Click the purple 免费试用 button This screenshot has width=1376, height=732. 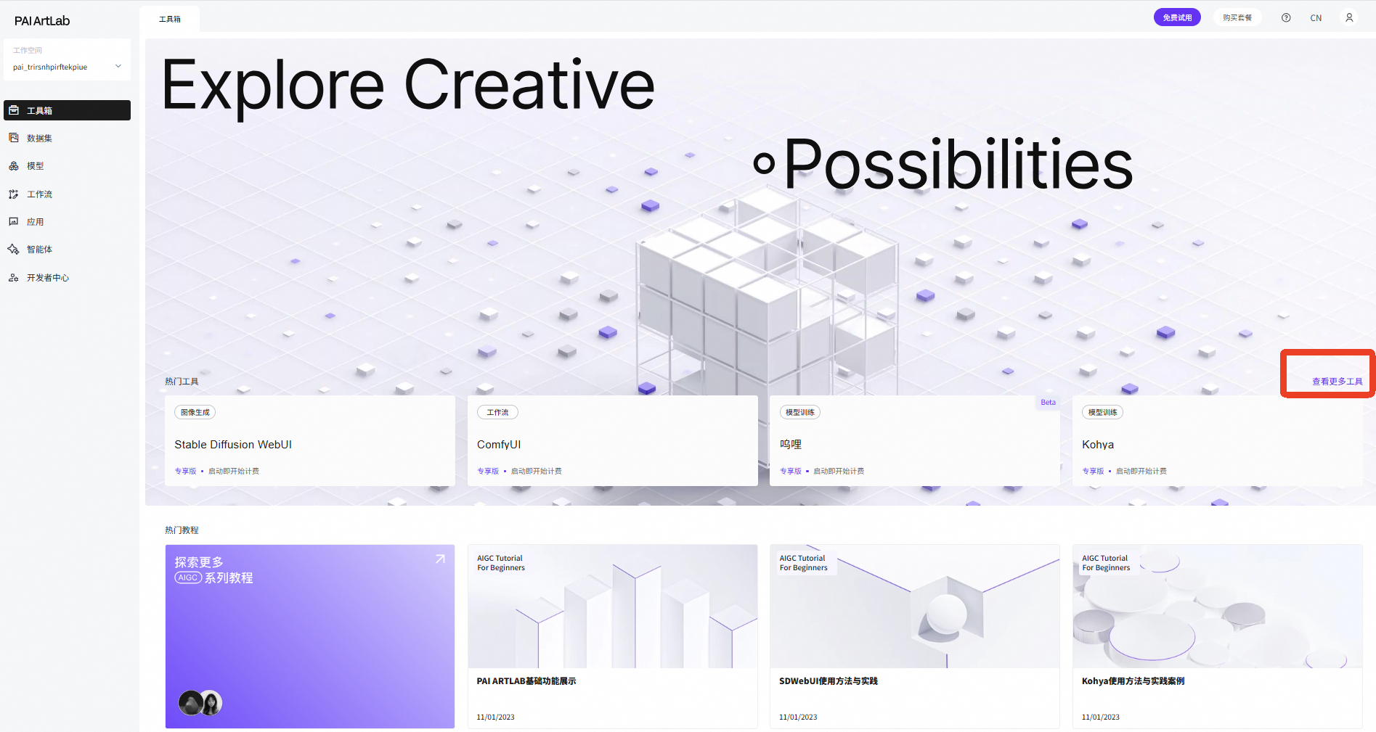point(1177,17)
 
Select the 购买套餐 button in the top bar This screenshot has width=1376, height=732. point(1237,17)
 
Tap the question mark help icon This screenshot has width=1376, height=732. point(1286,17)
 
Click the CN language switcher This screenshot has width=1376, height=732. point(1316,18)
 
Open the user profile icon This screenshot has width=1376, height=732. point(1349,17)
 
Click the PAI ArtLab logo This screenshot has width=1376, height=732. point(42,21)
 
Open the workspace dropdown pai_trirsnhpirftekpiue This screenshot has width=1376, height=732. point(67,67)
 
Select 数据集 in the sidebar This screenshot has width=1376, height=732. point(39,138)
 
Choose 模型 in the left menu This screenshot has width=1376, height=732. point(35,166)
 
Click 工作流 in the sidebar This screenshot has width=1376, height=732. point(39,194)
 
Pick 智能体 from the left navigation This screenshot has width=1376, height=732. point(39,250)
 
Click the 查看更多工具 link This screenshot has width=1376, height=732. point(1337,382)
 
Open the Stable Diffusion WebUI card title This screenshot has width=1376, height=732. point(233,445)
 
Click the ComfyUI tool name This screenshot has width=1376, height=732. point(499,445)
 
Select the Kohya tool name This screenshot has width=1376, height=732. point(1098,445)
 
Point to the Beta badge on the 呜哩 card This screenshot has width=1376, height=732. point(1048,402)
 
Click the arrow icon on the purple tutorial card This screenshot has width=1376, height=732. point(440,559)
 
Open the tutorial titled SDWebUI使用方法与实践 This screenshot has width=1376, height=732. point(829,681)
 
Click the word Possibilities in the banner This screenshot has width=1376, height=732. point(958,165)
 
